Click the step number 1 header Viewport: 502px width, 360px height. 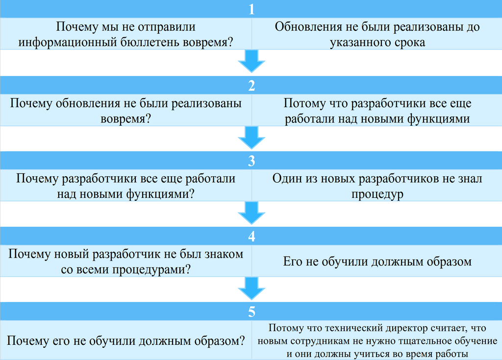(251, 9)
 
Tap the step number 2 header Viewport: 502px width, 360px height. (251, 85)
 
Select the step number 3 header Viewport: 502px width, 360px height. (251, 161)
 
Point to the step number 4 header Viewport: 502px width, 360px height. (251, 236)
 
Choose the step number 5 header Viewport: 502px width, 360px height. (251, 312)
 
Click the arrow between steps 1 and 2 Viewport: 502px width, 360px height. (251, 61)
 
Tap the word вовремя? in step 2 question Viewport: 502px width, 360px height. (125, 119)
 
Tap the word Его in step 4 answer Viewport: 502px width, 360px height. (292, 262)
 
